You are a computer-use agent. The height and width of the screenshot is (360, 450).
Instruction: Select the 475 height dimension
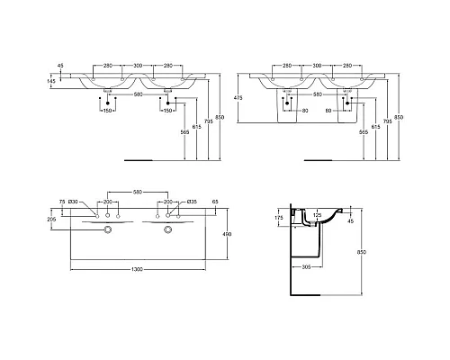(238, 98)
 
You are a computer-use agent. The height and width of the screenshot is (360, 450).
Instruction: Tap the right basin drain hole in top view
(167, 229)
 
